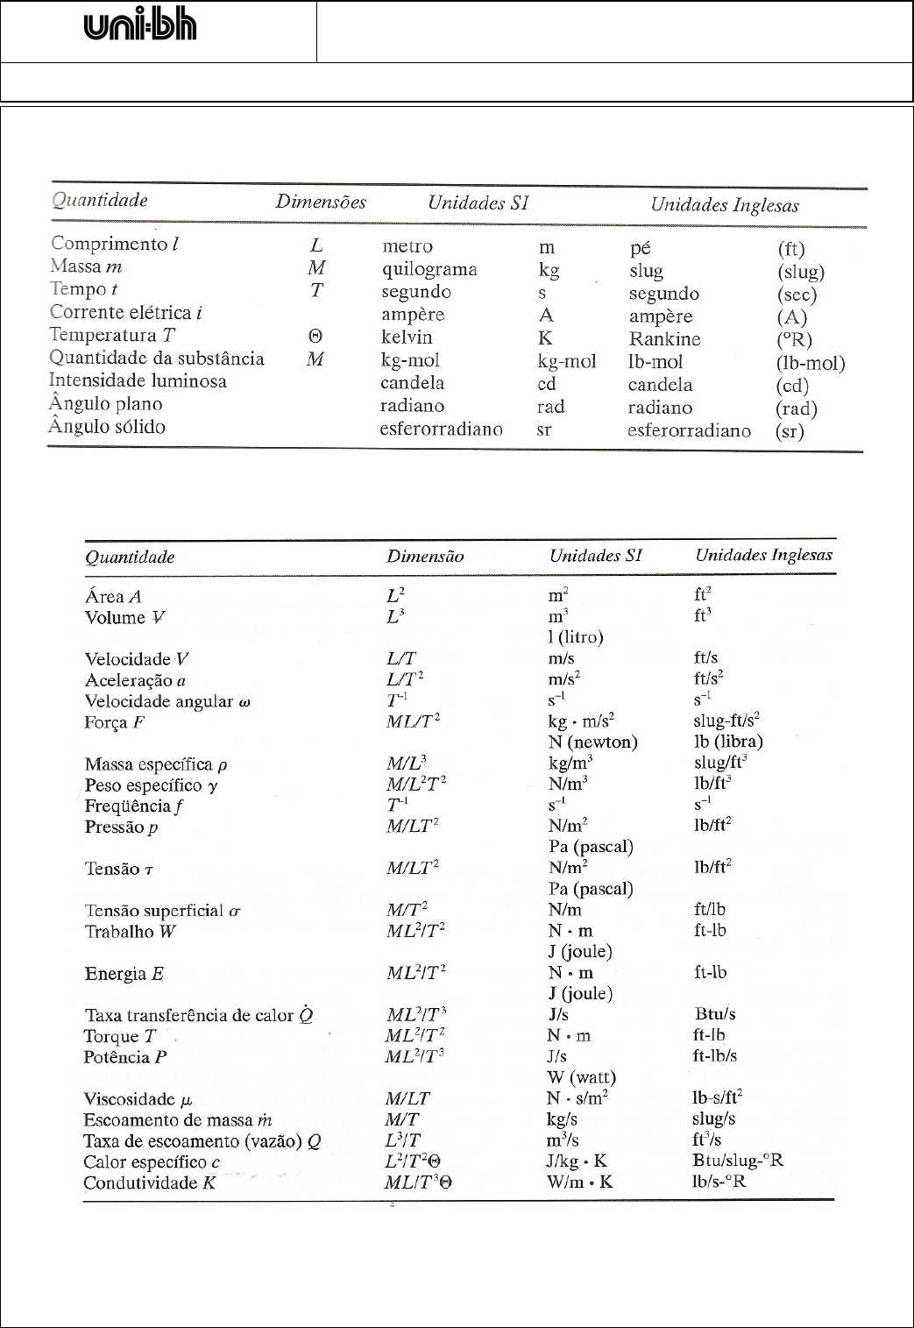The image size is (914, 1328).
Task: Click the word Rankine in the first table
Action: [x=664, y=339]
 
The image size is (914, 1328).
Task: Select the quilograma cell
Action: [x=429, y=269]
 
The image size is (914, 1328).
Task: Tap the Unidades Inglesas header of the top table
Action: [x=724, y=205]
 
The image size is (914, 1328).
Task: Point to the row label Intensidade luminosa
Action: [x=138, y=381]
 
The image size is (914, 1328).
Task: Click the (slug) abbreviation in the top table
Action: [x=800, y=272]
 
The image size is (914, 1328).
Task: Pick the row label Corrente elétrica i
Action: [x=126, y=313]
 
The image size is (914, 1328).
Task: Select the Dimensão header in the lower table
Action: [x=425, y=557]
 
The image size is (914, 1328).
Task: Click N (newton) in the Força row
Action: [x=592, y=742]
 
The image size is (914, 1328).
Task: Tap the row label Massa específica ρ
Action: [x=156, y=764]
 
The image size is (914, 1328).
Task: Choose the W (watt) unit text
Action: [x=582, y=1077]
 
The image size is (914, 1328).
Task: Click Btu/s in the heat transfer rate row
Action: [x=714, y=1014]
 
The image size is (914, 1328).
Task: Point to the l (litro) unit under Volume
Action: [x=576, y=637]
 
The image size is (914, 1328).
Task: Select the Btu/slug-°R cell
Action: [x=737, y=1161]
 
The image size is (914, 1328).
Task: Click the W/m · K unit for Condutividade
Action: [x=580, y=1182]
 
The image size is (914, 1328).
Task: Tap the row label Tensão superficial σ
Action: [x=162, y=911]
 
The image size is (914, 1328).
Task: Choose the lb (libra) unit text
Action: [x=728, y=742]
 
